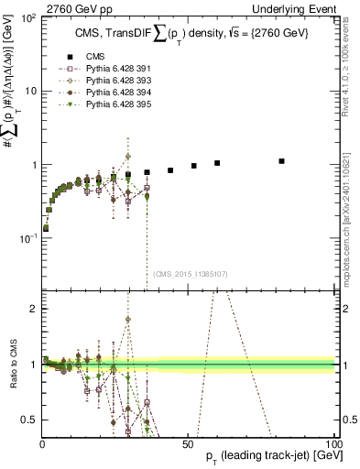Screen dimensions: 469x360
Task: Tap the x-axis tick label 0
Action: point(42,443)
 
